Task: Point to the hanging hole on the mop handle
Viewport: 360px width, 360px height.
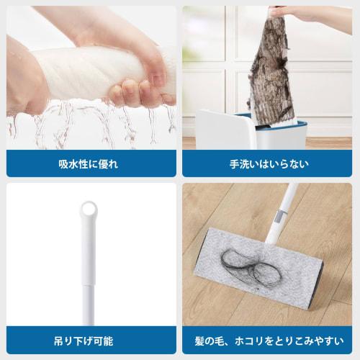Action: click(87, 210)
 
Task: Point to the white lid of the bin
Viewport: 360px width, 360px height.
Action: click(223, 130)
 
